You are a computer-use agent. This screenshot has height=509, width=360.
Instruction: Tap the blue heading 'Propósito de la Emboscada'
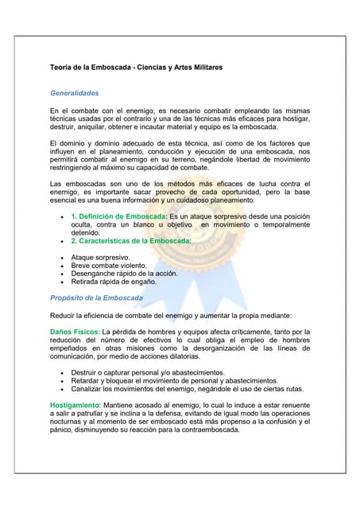pos(96,297)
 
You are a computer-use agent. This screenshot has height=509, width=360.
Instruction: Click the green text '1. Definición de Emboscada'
pos(118,216)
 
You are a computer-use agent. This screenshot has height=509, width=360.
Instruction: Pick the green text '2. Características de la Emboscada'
pos(131,240)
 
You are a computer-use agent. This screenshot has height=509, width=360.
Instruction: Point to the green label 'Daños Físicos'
pos(73,332)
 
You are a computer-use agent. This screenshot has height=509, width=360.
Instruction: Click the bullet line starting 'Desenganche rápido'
pos(124,274)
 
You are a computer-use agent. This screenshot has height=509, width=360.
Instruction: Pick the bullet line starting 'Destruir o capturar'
pos(147,372)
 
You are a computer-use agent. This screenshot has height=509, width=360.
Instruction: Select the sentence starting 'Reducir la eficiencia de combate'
pos(182,316)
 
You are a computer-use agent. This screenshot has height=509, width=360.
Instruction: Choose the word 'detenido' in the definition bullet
pos(87,233)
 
